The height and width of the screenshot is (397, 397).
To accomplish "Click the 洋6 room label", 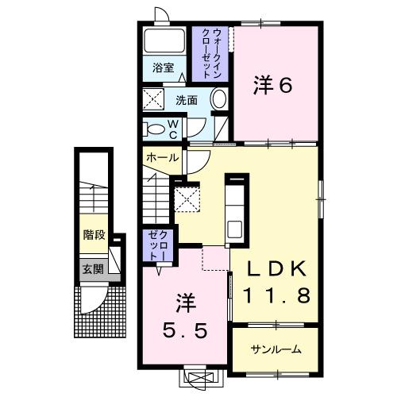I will pyautogui.click(x=273, y=85).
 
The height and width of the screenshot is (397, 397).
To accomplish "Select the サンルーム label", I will pyautogui.click(x=275, y=350).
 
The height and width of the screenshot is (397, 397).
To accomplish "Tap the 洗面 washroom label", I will pyautogui.click(x=187, y=101).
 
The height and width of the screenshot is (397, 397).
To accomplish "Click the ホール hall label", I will pyautogui.click(x=161, y=158).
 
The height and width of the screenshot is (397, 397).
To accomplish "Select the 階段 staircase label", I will pyautogui.click(x=94, y=235).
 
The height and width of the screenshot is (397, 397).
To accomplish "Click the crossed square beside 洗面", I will pyautogui.click(x=152, y=101).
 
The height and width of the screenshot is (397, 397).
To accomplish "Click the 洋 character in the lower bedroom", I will pyautogui.click(x=185, y=303).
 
